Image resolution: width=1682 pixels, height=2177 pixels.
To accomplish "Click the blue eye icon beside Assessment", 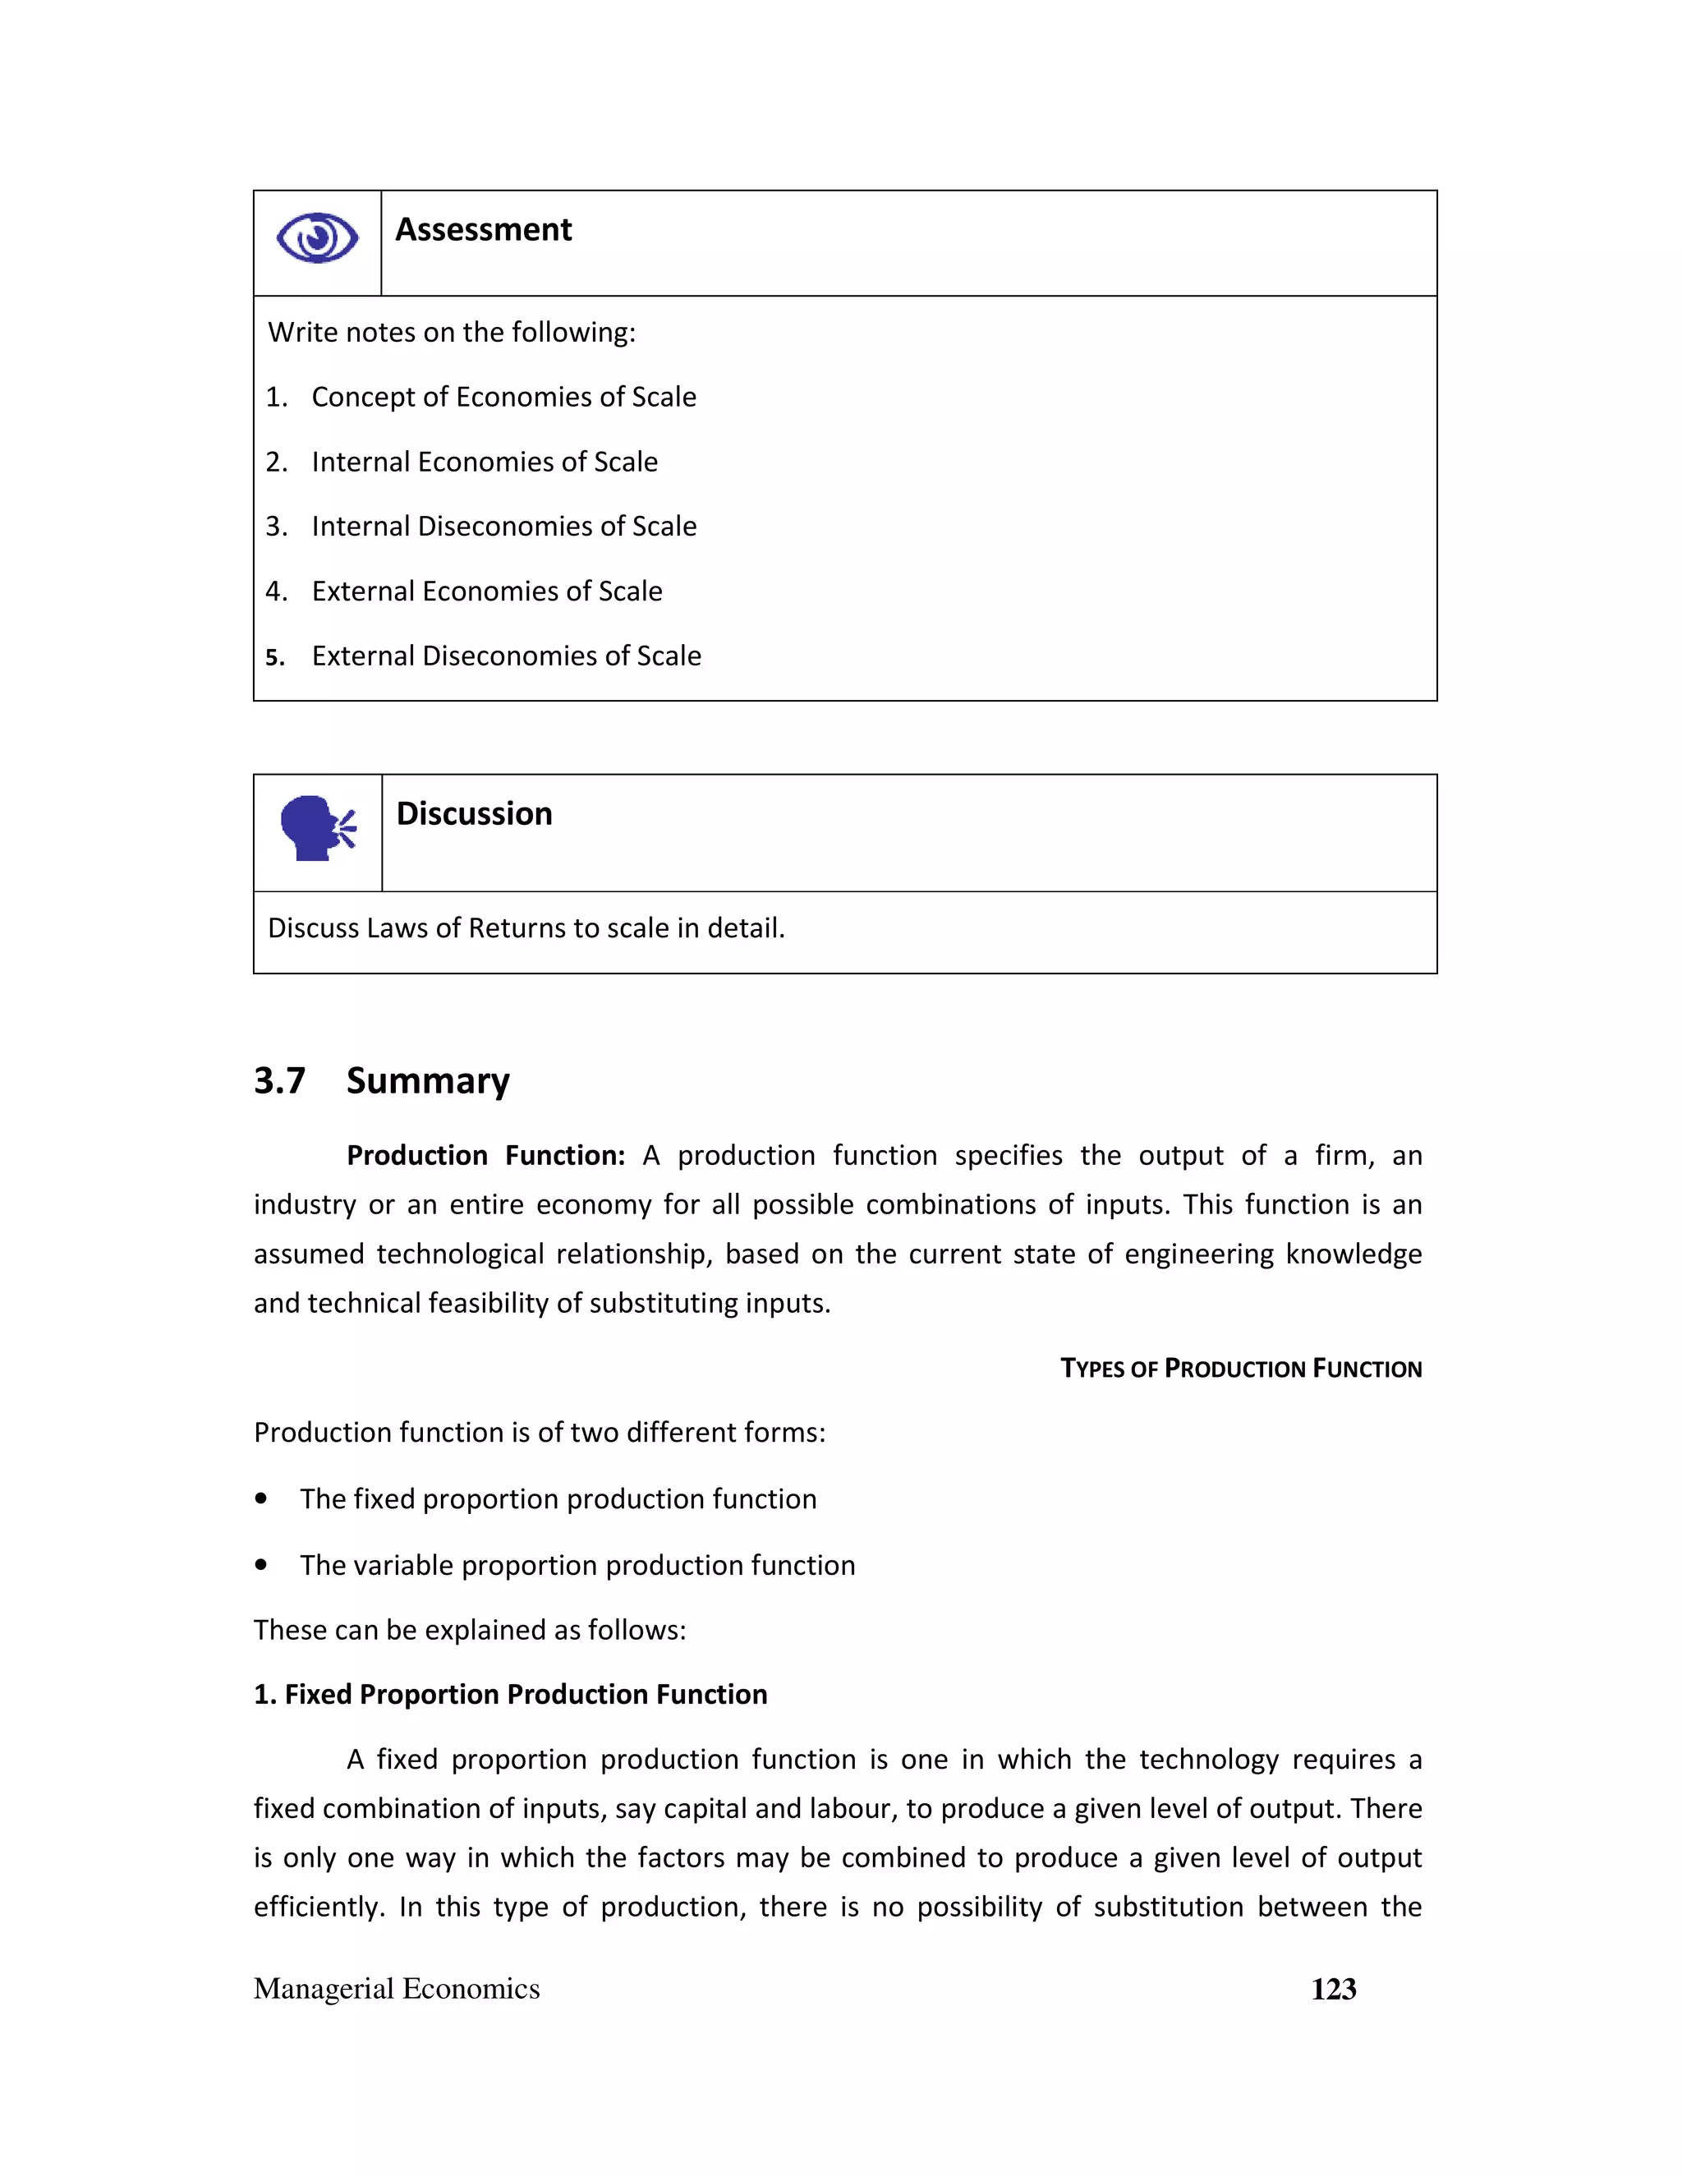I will [317, 238].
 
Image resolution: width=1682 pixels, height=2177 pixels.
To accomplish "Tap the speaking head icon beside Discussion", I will [318, 827].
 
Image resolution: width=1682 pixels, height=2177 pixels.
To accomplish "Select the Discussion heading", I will [475, 814].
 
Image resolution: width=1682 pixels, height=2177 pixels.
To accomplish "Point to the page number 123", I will [1333, 1990].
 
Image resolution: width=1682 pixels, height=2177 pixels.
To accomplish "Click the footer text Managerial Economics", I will [397, 1990].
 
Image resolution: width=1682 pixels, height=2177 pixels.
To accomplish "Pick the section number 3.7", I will [279, 1080].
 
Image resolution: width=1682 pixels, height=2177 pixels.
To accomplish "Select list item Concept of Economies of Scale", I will [503, 397].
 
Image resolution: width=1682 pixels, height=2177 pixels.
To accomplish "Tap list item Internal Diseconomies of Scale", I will [503, 527].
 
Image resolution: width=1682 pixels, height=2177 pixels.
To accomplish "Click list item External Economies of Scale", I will [486, 591].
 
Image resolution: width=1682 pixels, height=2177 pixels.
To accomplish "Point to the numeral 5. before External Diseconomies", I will [275, 658].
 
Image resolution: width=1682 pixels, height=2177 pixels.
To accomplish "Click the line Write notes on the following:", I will [452, 332].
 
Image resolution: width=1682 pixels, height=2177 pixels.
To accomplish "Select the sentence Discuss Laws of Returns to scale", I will [526, 928].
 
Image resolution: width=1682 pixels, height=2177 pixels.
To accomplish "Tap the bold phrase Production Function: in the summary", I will [485, 1155].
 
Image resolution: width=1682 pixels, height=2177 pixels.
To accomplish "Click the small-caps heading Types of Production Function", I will [1241, 1369].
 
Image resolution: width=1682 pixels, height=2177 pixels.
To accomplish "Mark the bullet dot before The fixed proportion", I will [261, 1499].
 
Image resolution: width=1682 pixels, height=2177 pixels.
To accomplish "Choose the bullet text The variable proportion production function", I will [577, 1565].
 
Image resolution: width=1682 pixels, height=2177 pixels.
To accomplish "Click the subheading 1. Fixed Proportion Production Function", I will [510, 1695].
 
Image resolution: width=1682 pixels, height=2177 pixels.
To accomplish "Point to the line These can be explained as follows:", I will [469, 1630].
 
